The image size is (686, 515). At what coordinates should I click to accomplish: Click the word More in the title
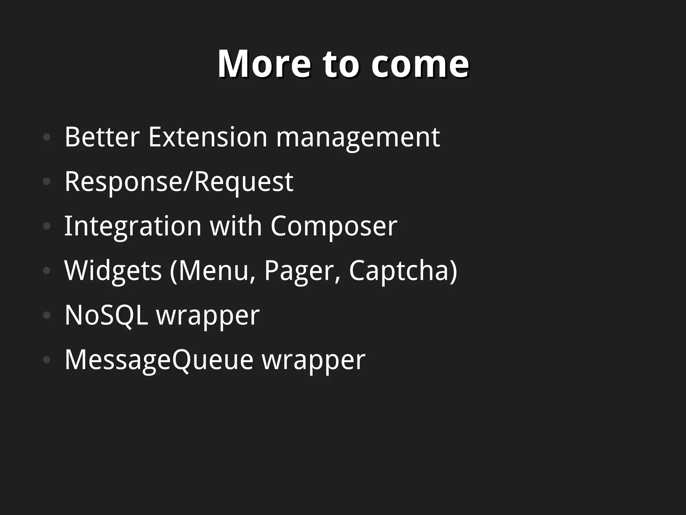tap(264, 64)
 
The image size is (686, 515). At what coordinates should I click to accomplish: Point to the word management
tap(358, 137)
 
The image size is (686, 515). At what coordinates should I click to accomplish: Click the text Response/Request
tap(179, 182)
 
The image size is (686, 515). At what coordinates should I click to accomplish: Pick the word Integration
tap(133, 227)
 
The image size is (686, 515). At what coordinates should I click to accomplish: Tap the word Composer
tap(334, 227)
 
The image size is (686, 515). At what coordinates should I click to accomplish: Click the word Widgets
tap(113, 271)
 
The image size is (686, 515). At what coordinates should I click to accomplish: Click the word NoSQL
tap(106, 315)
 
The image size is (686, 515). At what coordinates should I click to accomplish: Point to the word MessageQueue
tap(159, 360)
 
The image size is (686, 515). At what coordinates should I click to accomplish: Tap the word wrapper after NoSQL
tap(208, 316)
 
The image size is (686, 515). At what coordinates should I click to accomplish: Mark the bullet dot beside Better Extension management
tap(47, 137)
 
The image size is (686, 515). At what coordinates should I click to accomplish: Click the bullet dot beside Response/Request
tap(47, 182)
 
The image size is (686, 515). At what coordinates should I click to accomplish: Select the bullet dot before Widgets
tap(47, 271)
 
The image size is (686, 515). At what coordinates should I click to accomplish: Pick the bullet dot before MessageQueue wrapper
tap(47, 360)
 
